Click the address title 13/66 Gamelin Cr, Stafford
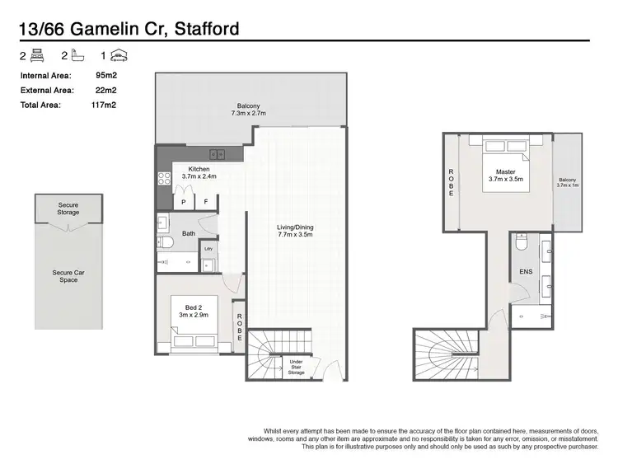coord(129,29)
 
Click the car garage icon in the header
coord(120,56)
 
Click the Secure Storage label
coord(68,209)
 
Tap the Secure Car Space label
coord(68,276)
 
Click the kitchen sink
coord(218,154)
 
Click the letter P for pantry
coord(183,202)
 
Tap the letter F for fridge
coord(205,202)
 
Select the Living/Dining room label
coord(295,232)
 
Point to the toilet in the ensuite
coord(521,244)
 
